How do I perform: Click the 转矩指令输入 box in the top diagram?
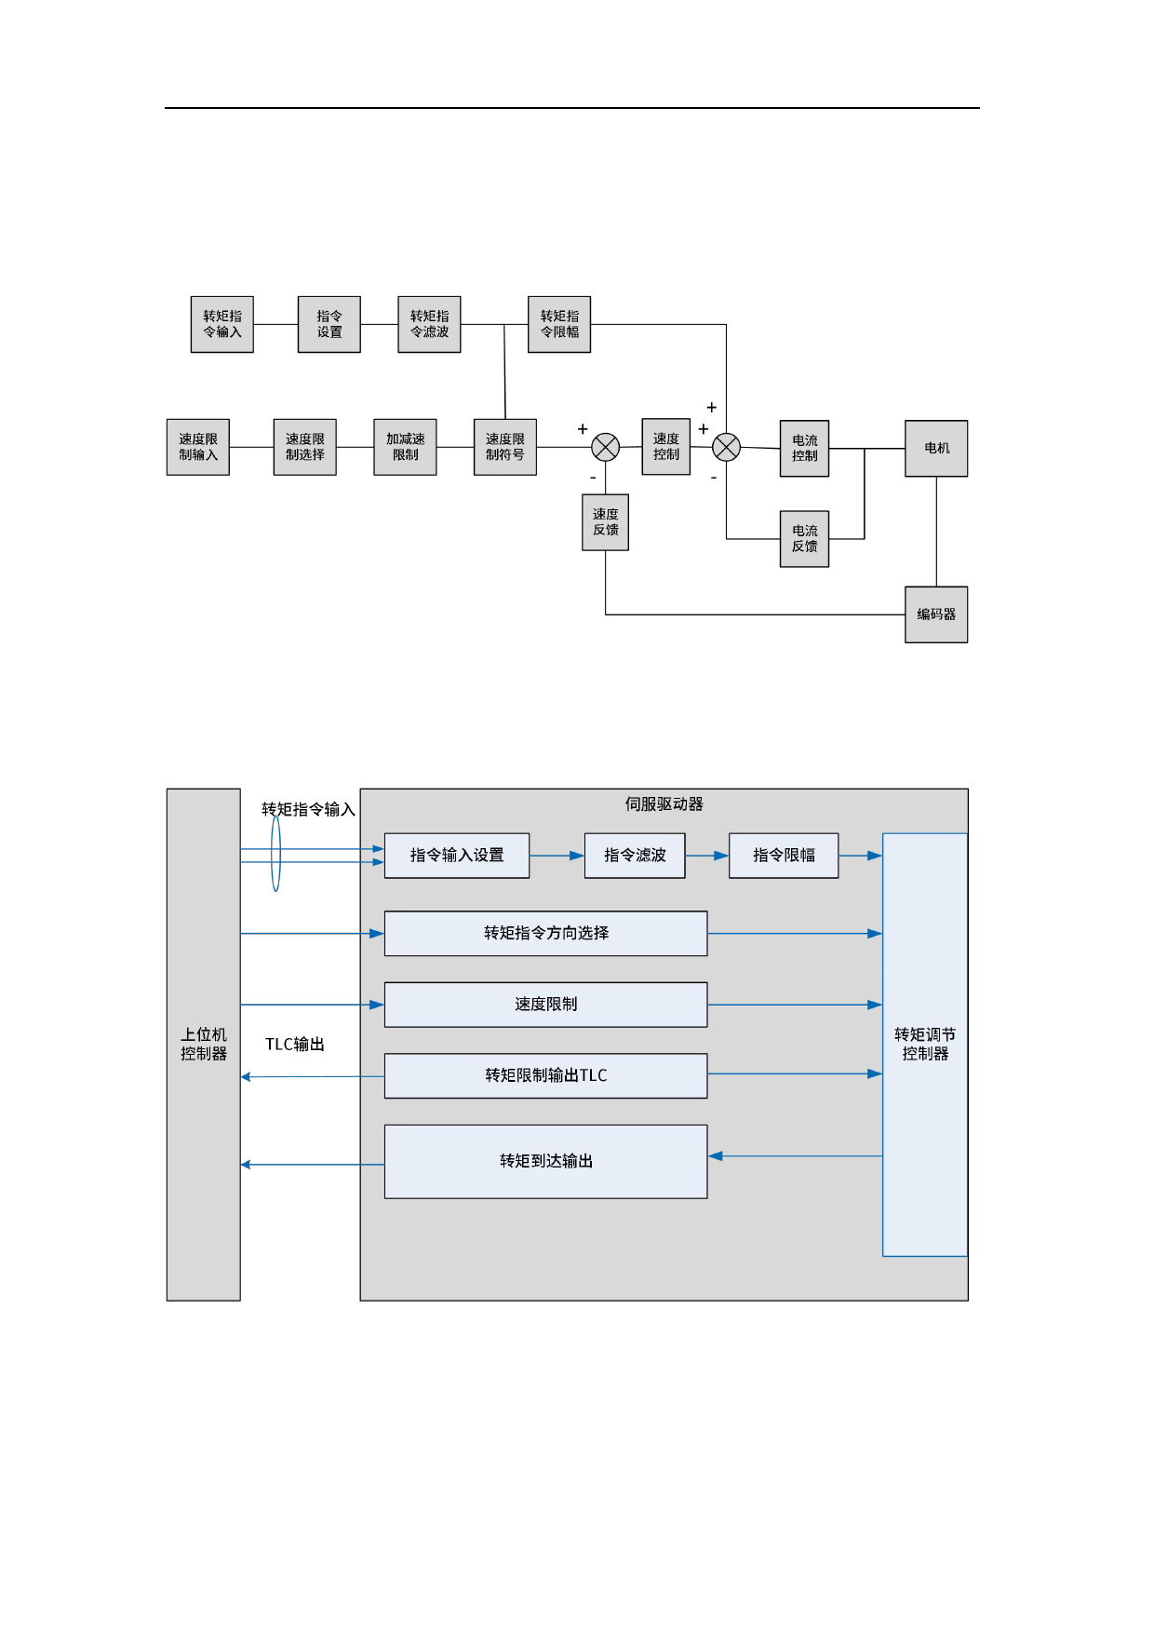tap(221, 324)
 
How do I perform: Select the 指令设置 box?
tap(329, 324)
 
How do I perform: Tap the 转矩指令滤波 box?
tap(429, 324)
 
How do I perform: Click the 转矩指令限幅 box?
tap(559, 324)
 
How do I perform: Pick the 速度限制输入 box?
tap(197, 447)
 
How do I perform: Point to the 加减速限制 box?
tap(405, 447)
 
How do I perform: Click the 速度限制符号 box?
tap(504, 447)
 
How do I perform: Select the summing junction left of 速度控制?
tap(606, 448)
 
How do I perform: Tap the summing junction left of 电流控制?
tap(726, 448)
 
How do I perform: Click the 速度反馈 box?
tap(605, 522)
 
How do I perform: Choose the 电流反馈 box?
tap(804, 539)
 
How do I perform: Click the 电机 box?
tap(936, 448)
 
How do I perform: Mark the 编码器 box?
tap(936, 614)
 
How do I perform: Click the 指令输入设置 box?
tap(457, 856)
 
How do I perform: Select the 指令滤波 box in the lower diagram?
tap(635, 856)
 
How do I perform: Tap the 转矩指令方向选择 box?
tap(545, 933)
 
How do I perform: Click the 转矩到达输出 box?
tap(545, 1161)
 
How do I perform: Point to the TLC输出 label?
tap(295, 1045)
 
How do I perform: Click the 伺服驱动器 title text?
tap(664, 804)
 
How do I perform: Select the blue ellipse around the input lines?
tap(275, 854)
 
